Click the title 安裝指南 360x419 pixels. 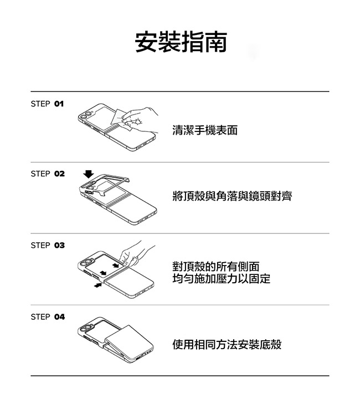181,42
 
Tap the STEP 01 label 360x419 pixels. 47,104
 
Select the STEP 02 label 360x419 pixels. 48,173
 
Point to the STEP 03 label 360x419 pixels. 48,246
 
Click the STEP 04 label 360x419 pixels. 48,317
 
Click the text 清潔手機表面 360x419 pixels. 205,130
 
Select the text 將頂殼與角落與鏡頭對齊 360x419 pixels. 232,196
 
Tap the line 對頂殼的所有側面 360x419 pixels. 216,267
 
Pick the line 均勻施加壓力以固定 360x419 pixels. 221,278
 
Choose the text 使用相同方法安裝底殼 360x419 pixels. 227,344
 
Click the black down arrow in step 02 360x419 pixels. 89,174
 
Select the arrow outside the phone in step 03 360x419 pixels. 98,285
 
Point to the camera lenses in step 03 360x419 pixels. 85,262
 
